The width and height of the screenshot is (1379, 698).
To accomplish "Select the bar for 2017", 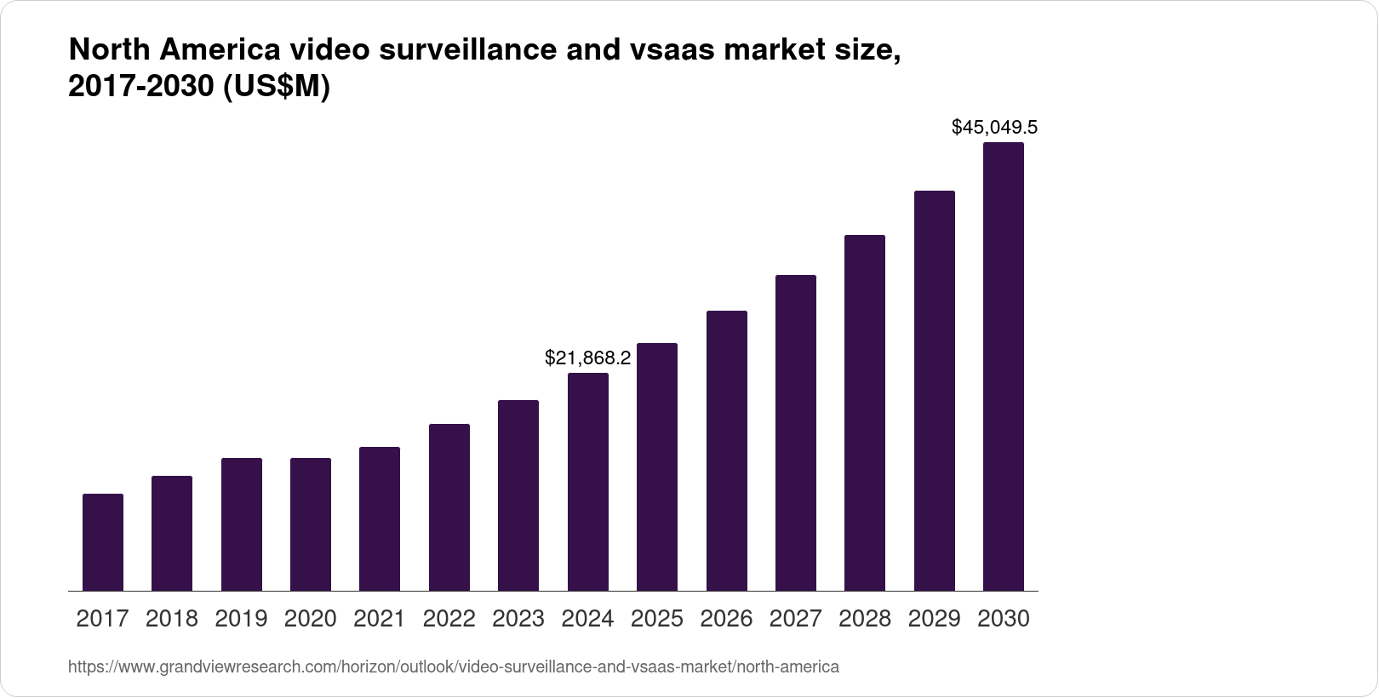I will pos(103,542).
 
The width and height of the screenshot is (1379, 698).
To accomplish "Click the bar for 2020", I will pos(311,524).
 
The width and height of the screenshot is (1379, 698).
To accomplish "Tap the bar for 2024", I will pos(588,482).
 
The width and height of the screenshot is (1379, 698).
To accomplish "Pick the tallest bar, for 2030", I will pos(1004,366).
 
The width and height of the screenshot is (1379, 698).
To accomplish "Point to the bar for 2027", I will pos(796,432).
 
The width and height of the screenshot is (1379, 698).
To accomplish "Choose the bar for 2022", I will pos(449,507).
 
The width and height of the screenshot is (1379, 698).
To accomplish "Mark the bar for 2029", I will pos(935,391).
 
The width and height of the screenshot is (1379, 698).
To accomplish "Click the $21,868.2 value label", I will pos(588,358).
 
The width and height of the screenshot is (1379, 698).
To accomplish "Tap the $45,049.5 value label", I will pos(994,128).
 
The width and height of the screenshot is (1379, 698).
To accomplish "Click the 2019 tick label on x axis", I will pos(241,619).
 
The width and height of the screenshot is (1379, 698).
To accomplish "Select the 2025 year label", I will pos(657,619).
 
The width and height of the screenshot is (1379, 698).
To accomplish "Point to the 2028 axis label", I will pos(865,619).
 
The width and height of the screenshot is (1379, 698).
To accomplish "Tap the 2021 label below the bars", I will pos(380,619).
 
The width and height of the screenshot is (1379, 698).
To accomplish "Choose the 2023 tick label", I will pos(518,619).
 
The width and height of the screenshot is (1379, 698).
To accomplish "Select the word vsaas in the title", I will pos(672,51).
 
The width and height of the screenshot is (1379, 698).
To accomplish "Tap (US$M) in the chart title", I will pos(276,87).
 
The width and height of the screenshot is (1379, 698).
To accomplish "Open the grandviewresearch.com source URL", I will pos(454,667).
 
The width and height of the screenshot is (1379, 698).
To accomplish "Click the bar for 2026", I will pos(727,450).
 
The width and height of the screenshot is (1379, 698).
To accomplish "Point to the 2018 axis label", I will pos(172,619).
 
